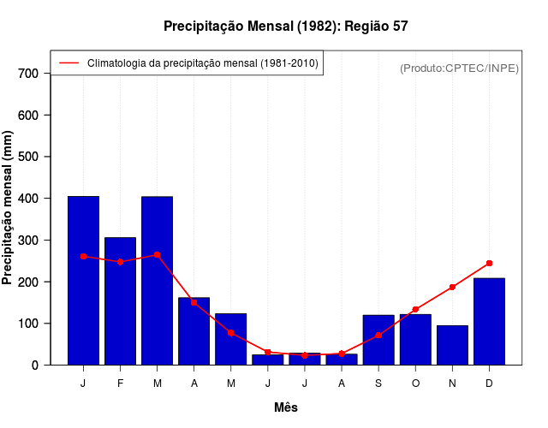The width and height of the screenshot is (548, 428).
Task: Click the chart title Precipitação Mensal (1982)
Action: pyautogui.click(x=285, y=27)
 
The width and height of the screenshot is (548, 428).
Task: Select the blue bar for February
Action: pyautogui.click(x=120, y=300)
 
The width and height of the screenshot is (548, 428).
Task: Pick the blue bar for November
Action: pyautogui.click(x=452, y=345)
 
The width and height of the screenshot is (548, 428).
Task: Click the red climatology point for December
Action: pyautogui.click(x=489, y=263)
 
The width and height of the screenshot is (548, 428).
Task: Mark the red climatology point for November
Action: pyautogui.click(x=452, y=287)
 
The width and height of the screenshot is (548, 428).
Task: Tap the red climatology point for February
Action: pyautogui.click(x=120, y=261)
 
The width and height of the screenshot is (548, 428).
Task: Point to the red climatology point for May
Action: pyautogui.click(x=231, y=332)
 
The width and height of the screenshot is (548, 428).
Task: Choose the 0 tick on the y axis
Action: pyautogui.click(x=35, y=366)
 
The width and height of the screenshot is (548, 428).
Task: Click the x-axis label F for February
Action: pyautogui.click(x=120, y=383)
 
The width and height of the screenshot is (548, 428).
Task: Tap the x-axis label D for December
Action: pyautogui.click(x=489, y=383)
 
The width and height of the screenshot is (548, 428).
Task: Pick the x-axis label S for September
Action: pyautogui.click(x=378, y=383)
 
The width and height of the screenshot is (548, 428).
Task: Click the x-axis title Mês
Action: pyautogui.click(x=286, y=407)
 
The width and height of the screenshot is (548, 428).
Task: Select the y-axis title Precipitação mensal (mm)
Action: pyautogui.click(x=9, y=208)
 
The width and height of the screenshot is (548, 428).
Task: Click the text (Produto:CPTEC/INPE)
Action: pyautogui.click(x=459, y=68)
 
